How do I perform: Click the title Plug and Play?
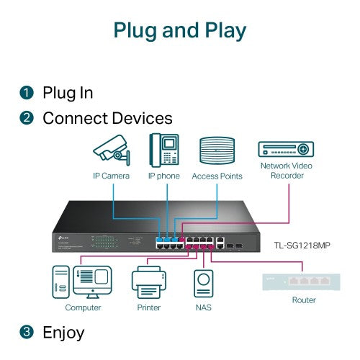click(179, 31)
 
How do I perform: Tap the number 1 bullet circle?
click(27, 93)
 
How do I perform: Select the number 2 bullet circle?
click(27, 118)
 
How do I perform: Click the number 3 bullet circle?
click(27, 333)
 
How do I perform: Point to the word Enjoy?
click(63, 333)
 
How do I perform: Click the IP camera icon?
click(112, 149)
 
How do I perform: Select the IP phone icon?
click(164, 149)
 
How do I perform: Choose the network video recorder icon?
click(287, 149)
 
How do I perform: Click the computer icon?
click(83, 283)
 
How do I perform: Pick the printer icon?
click(149, 282)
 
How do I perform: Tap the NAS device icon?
click(204, 283)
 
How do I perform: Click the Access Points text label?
click(217, 176)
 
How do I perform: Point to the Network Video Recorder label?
click(287, 171)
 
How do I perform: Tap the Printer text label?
click(149, 307)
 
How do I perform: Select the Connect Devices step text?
click(107, 118)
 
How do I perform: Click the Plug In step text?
click(68, 93)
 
